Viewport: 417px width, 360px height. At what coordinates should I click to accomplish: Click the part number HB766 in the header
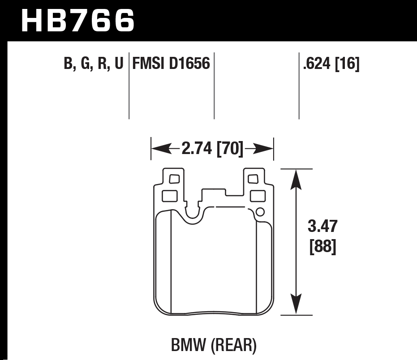(x=77, y=20)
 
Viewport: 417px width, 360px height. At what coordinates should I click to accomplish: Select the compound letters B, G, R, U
(x=93, y=64)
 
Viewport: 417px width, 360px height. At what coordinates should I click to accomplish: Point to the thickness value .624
(x=317, y=64)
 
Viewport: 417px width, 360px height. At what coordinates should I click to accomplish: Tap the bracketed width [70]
(x=230, y=149)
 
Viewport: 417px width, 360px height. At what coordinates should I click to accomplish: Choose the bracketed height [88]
(x=322, y=247)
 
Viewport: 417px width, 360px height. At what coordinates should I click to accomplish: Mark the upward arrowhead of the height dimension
(x=295, y=177)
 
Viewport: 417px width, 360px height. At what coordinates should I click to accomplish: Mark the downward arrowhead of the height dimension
(x=295, y=308)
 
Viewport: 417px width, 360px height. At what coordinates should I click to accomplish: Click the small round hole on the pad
(x=259, y=213)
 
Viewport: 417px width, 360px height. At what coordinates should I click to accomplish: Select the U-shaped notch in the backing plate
(x=193, y=214)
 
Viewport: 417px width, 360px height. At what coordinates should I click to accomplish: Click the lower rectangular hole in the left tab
(x=169, y=196)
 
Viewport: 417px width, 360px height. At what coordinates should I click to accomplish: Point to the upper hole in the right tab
(x=253, y=179)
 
